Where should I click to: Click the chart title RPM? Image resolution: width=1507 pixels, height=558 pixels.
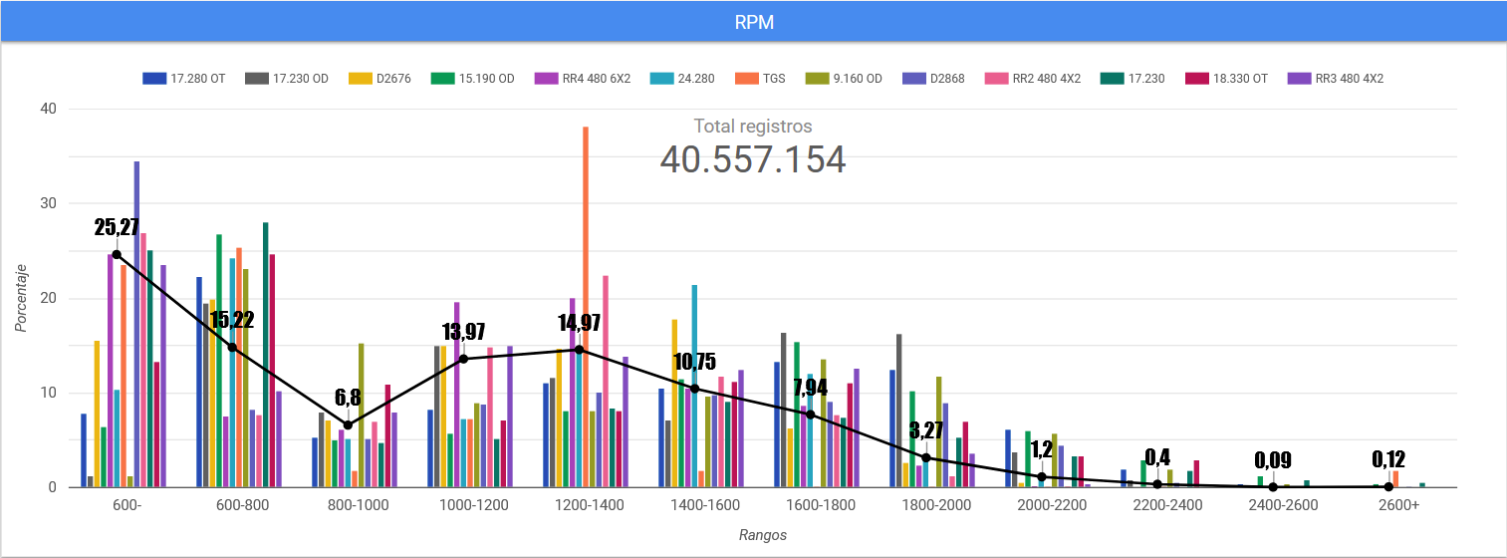753,20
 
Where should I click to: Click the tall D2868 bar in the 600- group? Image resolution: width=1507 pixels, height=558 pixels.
136,324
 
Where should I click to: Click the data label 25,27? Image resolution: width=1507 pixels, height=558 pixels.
117,226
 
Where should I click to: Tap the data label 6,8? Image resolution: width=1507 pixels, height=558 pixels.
348,399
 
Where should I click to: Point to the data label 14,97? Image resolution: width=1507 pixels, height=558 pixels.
579,323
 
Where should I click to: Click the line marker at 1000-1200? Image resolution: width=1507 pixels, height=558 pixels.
463,359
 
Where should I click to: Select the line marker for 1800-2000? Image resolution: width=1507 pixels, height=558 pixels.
926,457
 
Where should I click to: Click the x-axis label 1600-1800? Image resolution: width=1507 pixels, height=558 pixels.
820,505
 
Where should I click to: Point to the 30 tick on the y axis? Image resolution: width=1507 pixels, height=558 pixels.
48,203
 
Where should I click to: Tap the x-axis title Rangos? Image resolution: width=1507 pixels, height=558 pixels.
763,535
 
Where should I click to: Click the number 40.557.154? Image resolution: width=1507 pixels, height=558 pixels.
753,160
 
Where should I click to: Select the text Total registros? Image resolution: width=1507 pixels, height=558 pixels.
753,127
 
